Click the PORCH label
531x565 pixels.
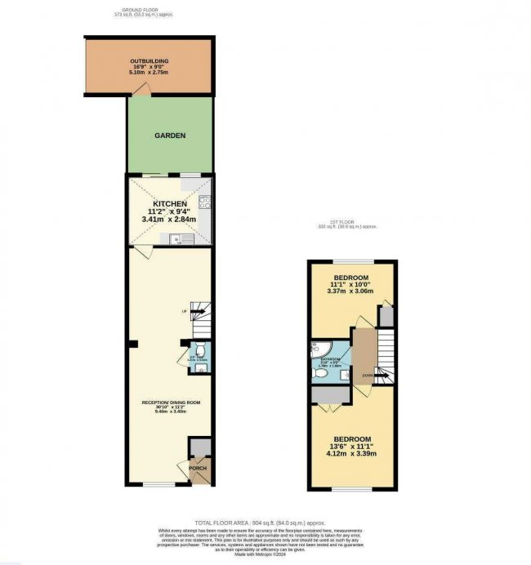point(199,468)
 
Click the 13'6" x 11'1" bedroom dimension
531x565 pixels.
point(352,447)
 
